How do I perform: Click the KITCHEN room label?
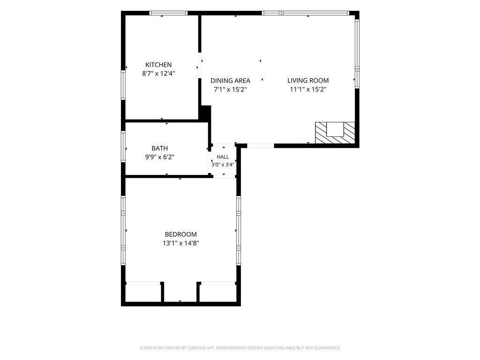click(158, 65)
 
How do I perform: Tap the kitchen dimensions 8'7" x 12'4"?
click(158, 74)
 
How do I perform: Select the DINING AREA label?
click(230, 81)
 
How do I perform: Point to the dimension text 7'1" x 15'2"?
click(230, 90)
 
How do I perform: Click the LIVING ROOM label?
click(308, 81)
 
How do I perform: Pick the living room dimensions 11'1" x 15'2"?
click(308, 90)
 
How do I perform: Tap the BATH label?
click(159, 149)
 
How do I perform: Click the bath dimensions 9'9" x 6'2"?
click(159, 157)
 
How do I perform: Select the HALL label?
click(223, 157)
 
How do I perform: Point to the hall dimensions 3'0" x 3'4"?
click(223, 165)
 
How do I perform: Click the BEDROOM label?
click(180, 234)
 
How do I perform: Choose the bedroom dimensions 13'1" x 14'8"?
click(180, 243)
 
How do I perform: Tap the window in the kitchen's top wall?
click(168, 13)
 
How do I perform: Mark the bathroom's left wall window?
click(123, 146)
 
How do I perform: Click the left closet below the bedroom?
click(143, 293)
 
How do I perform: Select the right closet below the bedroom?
click(218, 293)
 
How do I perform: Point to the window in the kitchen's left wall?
click(123, 85)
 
